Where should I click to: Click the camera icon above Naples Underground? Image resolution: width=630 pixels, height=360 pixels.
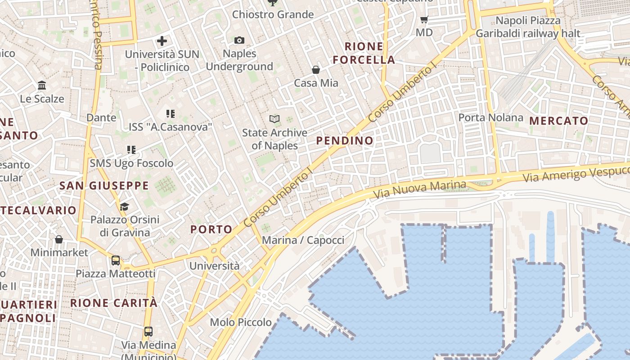[x=239, y=40]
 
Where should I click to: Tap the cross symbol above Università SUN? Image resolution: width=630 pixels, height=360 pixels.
[x=162, y=41]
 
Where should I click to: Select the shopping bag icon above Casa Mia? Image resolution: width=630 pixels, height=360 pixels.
[x=316, y=70]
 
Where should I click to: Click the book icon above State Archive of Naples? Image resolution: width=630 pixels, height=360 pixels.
[x=274, y=119]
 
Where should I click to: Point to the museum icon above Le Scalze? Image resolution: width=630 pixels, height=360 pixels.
[x=42, y=85]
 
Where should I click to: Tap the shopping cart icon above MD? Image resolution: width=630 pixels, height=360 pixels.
[x=424, y=19]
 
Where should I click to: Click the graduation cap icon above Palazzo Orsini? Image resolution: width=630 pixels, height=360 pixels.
[x=125, y=207]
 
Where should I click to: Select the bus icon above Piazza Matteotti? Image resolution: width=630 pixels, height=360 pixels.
[x=116, y=261]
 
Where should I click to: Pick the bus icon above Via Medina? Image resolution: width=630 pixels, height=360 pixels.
[x=148, y=332]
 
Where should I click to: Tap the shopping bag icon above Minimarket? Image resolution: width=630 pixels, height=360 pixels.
[x=59, y=239]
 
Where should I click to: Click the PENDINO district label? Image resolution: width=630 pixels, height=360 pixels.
[x=345, y=141]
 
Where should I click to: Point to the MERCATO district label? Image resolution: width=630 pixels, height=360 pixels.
[x=559, y=121]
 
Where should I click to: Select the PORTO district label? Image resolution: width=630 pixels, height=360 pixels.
[x=211, y=229]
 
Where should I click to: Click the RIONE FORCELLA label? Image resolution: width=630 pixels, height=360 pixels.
[x=364, y=53]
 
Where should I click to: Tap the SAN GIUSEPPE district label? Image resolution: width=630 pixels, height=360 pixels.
[x=104, y=185]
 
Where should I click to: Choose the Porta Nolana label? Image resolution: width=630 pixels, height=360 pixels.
[x=490, y=118]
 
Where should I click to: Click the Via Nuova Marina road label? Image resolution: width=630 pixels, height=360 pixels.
[x=419, y=189]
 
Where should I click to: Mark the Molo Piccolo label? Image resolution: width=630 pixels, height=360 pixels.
[x=241, y=322]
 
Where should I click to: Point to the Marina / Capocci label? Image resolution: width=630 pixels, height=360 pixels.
[x=303, y=240]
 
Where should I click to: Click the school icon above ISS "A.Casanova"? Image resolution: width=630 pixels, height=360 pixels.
[x=170, y=114]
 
